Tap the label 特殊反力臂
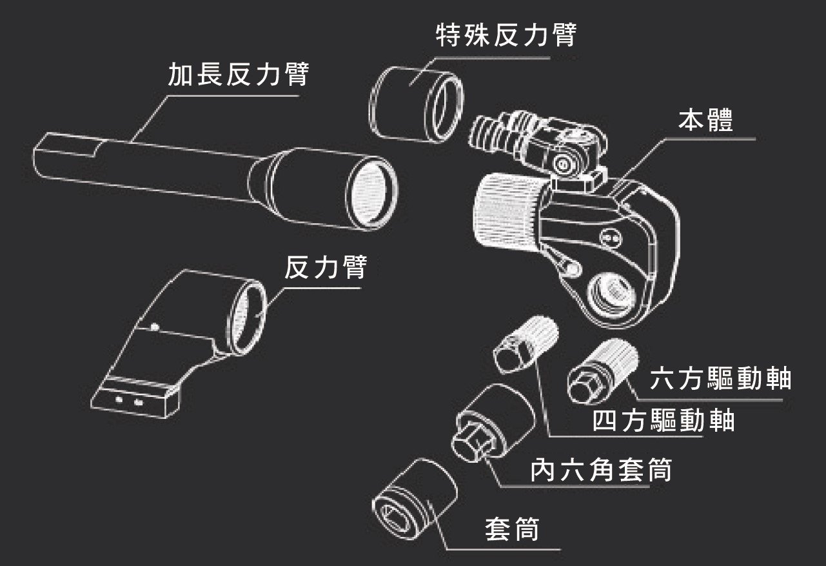505,36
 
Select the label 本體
706,120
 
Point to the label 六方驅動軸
720,379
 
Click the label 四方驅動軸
664,421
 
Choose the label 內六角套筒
601,470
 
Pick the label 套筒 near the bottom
511,530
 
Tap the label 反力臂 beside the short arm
325,268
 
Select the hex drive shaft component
604,373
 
